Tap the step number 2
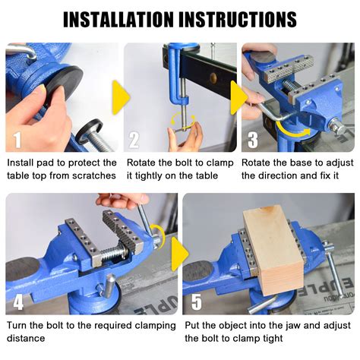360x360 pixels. point(134,139)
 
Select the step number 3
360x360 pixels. point(254,139)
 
